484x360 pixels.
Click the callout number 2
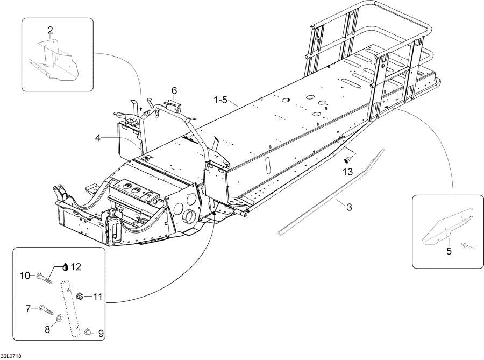tap(50, 30)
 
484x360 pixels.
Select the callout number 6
tap(174, 90)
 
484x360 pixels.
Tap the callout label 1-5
tap(221, 100)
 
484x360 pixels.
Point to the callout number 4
tap(98, 138)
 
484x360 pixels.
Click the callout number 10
tap(25, 276)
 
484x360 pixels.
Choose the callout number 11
tap(97, 297)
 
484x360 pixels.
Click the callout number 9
tap(101, 334)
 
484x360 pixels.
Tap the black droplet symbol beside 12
tap(66, 266)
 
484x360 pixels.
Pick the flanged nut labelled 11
tap(80, 295)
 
